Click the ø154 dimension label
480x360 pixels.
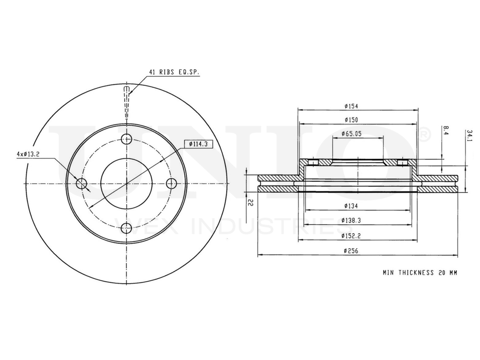pos(351,106)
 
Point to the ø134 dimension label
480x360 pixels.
pos(351,206)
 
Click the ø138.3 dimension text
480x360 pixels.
pos(351,220)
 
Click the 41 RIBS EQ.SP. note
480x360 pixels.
pos(173,72)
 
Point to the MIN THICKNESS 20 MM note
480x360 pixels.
pos(420,273)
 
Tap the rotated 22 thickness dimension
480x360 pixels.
pos(250,203)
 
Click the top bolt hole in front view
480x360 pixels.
pos(127,139)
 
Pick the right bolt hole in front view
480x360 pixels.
pos(171,183)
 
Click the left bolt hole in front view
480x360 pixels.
pos(82,183)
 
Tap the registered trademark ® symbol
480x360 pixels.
pos(424,135)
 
